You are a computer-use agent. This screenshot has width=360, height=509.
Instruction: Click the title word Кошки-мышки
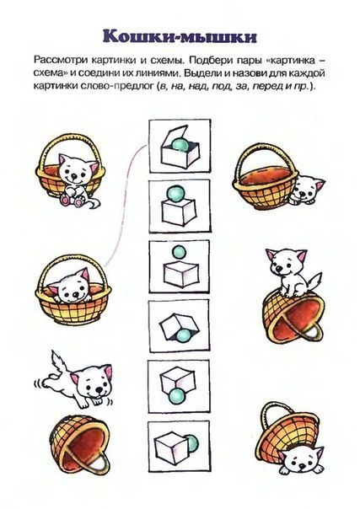(180, 37)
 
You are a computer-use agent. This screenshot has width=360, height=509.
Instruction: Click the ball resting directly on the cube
(173, 196)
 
